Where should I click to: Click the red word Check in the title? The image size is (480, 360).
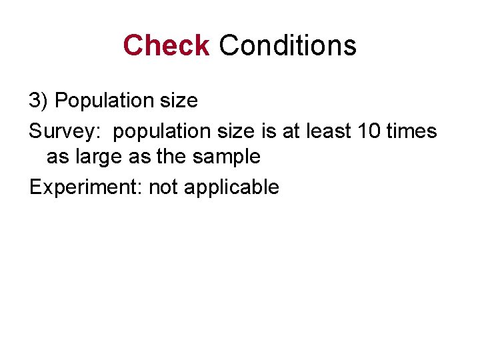tap(166, 45)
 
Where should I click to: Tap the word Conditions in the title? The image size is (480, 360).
tap(287, 45)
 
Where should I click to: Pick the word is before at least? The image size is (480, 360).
tap(270, 131)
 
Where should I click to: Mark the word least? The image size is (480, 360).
tap(329, 131)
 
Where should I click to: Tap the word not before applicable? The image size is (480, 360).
tap(163, 187)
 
